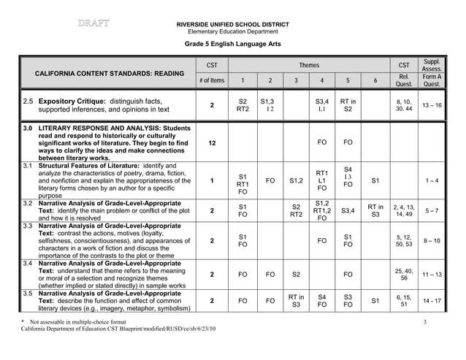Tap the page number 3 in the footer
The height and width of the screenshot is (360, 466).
pos(424,321)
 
